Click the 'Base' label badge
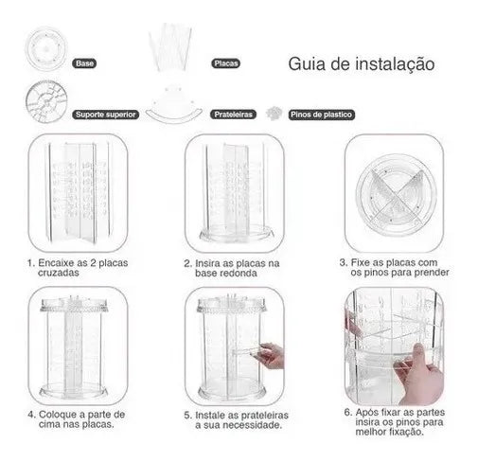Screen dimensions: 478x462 [x=84, y=63]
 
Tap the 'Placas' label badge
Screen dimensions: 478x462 [x=225, y=63]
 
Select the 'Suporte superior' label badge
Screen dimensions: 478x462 [x=105, y=115]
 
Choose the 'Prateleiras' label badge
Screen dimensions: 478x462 [x=233, y=115]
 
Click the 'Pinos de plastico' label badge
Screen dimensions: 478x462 [x=321, y=115]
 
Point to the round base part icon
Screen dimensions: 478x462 [x=46, y=49]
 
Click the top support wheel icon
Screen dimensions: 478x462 [x=46, y=101]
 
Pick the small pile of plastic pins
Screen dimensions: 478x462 [x=274, y=113]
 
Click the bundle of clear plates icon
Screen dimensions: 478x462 [x=170, y=47]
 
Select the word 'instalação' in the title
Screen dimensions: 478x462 [x=395, y=63]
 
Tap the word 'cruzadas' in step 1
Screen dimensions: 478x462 [x=59, y=273]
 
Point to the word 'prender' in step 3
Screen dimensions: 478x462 [x=432, y=273]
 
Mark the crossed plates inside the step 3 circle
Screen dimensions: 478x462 [x=397, y=194]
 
